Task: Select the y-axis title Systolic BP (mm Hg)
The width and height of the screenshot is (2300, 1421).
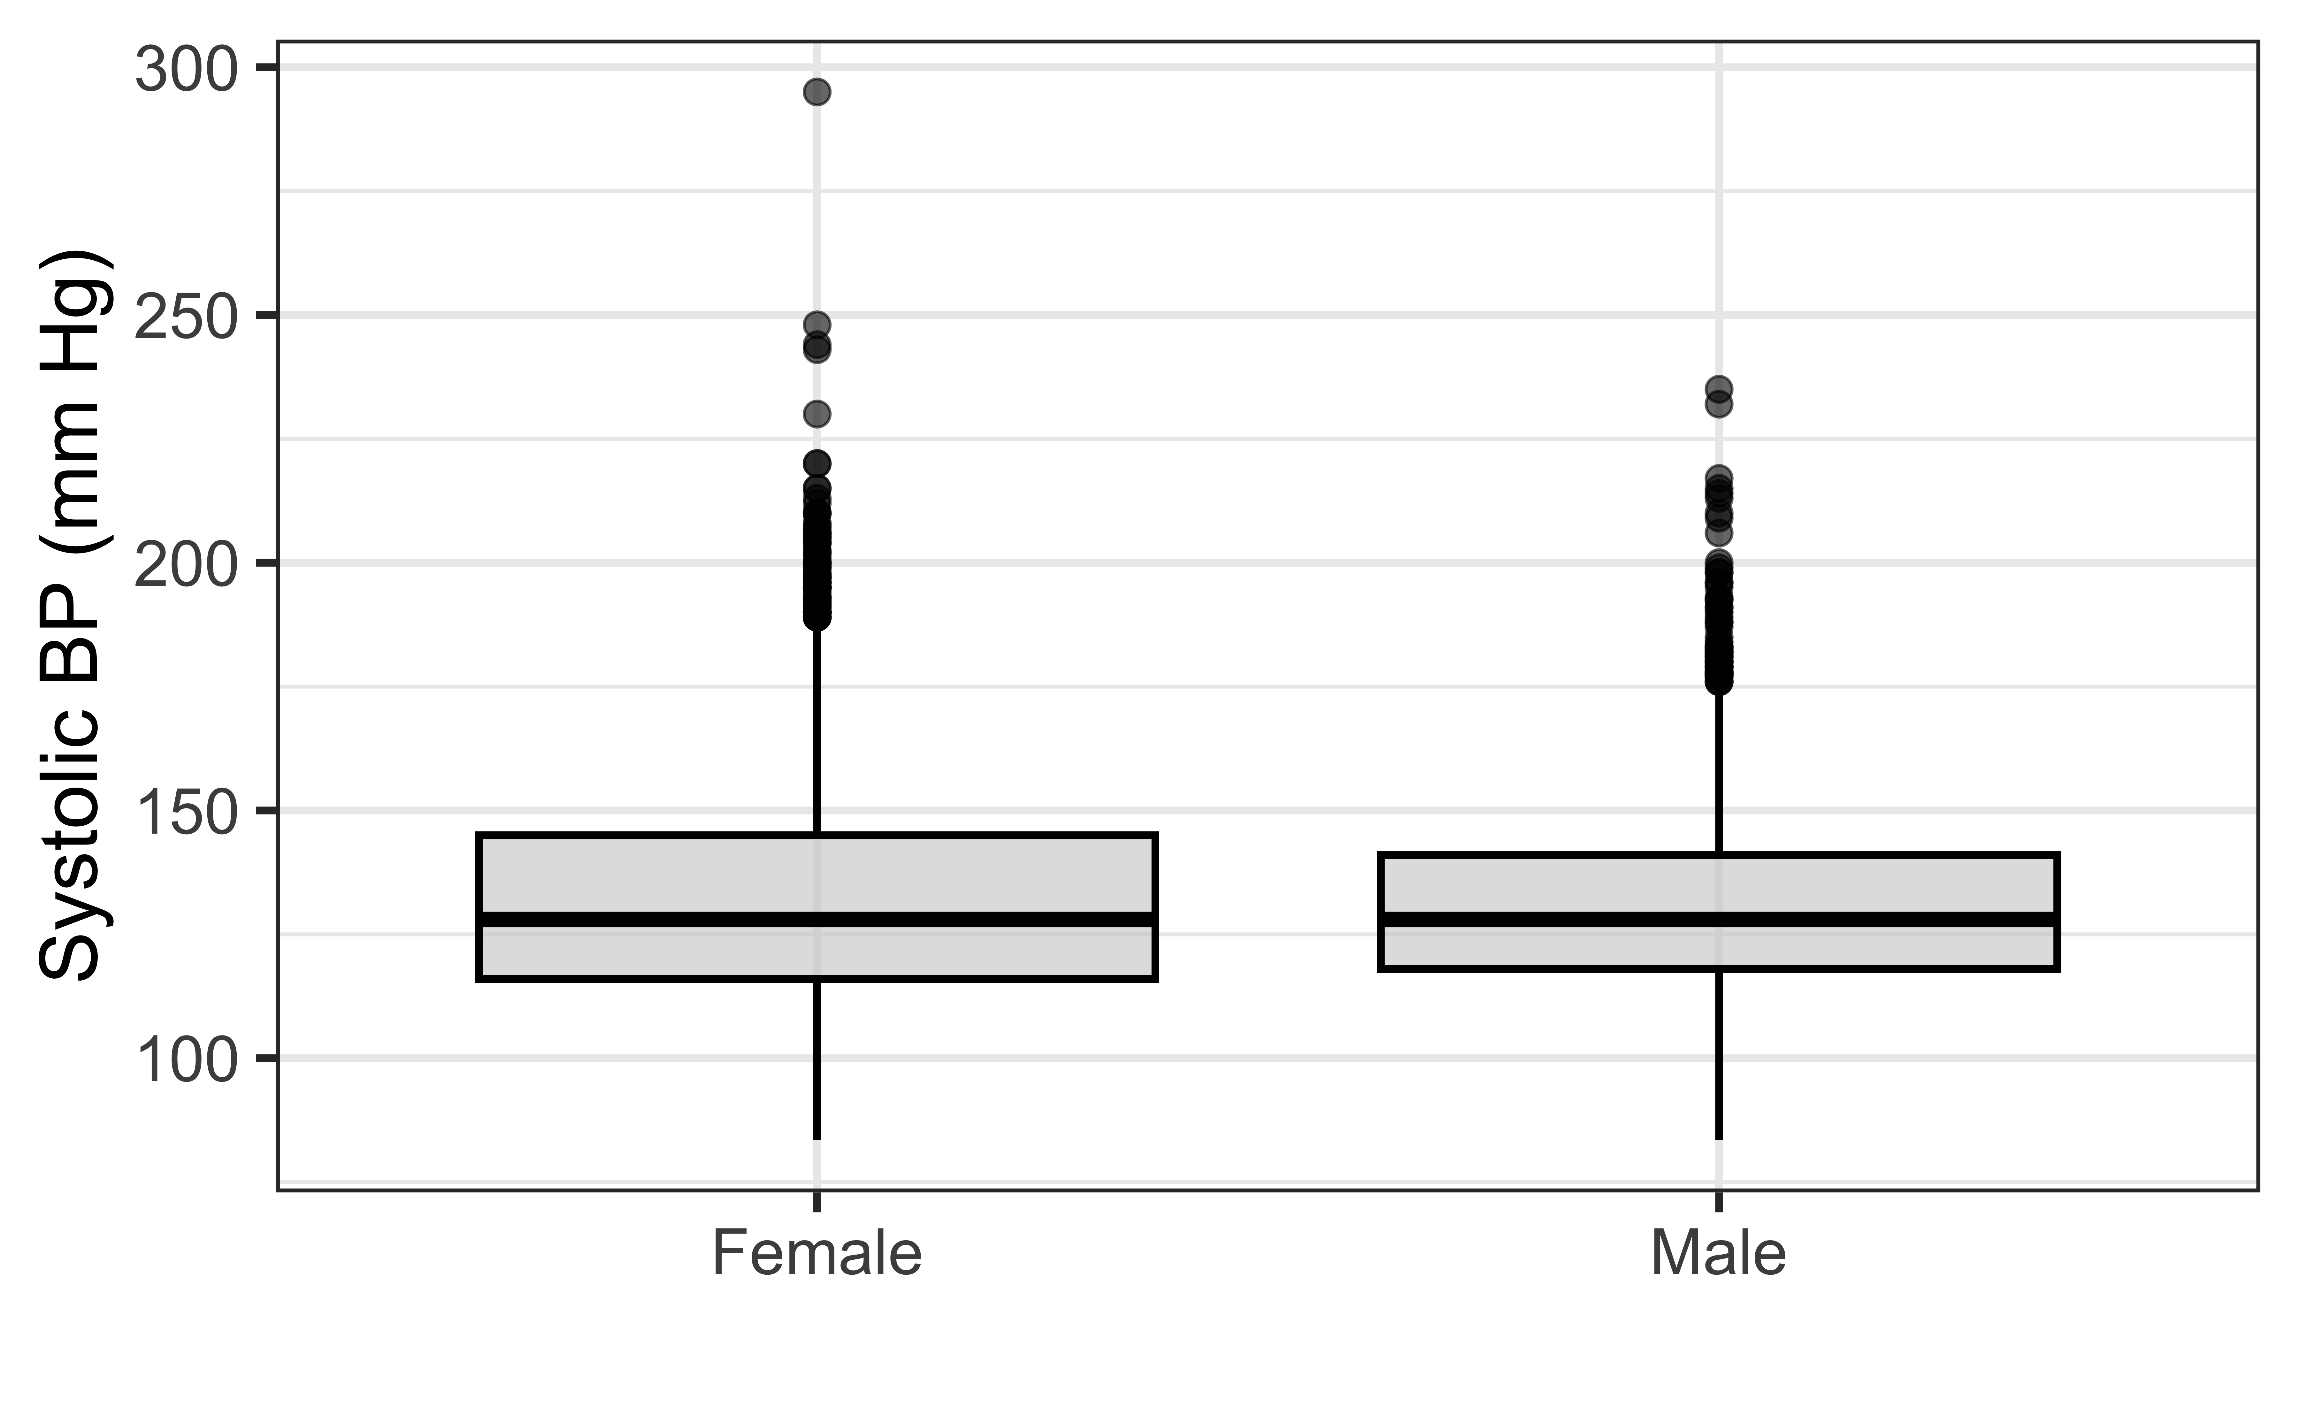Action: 75,615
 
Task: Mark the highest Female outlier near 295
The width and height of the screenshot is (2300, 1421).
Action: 817,91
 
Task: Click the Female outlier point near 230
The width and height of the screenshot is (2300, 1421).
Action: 817,414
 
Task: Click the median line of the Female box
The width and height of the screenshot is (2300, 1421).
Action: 817,919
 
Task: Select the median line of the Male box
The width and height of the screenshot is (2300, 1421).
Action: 1718,919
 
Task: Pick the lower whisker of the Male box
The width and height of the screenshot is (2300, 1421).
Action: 1718,1054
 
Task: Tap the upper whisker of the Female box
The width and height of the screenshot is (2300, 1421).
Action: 817,730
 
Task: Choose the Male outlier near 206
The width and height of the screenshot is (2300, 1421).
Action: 1718,533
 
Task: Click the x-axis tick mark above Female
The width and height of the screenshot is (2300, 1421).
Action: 817,1201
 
